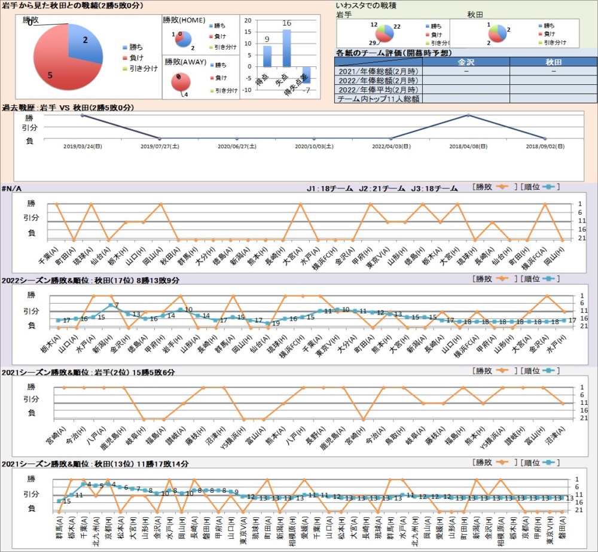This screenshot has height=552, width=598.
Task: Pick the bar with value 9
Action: click(267, 56)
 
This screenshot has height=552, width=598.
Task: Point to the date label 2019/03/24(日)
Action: click(82, 145)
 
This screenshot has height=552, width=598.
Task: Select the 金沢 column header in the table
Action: click(466, 62)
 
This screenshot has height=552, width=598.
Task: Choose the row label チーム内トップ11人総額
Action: click(378, 99)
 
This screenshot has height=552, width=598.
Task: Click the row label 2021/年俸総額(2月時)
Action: click(378, 71)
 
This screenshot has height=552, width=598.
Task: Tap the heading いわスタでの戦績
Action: click(369, 5)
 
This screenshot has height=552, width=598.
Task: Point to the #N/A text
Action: click(12, 188)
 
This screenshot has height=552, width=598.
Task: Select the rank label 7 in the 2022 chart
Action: click(117, 306)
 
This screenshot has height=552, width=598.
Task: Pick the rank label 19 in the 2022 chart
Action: click(276, 323)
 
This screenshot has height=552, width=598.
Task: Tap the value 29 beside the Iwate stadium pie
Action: click(373, 43)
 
